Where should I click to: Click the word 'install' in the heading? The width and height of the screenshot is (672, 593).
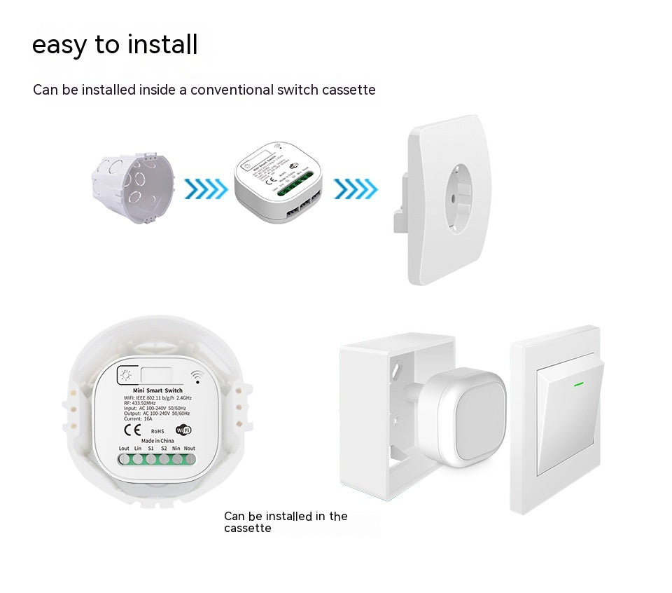pyautogui.click(x=161, y=44)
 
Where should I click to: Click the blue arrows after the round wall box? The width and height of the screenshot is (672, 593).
pyautogui.click(x=206, y=188)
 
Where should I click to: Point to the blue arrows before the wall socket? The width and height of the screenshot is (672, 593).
pyautogui.click(x=356, y=188)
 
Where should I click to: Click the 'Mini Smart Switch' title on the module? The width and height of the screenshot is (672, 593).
pyautogui.click(x=157, y=390)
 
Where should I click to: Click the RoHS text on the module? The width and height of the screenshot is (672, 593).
pyautogui.click(x=157, y=430)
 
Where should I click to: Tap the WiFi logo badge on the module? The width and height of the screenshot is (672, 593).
pyautogui.click(x=183, y=430)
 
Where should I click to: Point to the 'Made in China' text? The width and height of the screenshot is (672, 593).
pyautogui.click(x=157, y=440)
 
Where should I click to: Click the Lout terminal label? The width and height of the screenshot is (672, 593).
pyautogui.click(x=124, y=448)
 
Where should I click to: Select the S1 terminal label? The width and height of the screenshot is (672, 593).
pyautogui.click(x=150, y=448)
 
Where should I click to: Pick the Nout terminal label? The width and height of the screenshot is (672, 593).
pyautogui.click(x=190, y=448)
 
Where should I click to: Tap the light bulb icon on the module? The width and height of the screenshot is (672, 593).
pyautogui.click(x=127, y=375)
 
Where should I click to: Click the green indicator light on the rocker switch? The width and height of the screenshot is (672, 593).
pyautogui.click(x=578, y=383)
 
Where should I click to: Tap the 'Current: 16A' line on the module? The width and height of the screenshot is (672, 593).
pyautogui.click(x=138, y=419)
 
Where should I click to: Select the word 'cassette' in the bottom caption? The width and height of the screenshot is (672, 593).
pyautogui.click(x=247, y=529)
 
